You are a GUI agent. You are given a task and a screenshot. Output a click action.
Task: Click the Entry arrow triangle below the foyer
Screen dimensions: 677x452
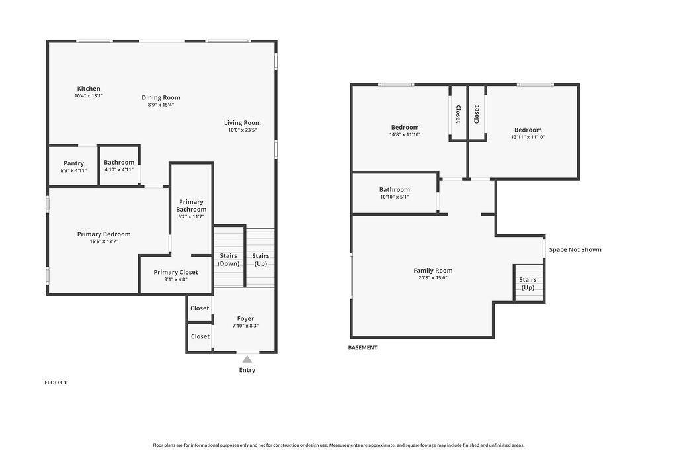(x=247, y=359)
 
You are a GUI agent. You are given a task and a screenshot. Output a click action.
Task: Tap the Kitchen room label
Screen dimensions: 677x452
(x=89, y=89)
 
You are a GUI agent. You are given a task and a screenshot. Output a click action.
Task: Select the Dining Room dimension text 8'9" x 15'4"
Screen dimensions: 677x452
(x=161, y=105)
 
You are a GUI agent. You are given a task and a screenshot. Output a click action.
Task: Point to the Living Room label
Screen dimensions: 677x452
(x=242, y=123)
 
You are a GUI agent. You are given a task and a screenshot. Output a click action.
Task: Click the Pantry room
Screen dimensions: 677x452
(x=73, y=166)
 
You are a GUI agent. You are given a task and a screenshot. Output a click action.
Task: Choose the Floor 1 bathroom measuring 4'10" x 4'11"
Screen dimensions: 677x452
(x=119, y=166)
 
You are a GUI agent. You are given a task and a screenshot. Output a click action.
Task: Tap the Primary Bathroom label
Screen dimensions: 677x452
(x=191, y=206)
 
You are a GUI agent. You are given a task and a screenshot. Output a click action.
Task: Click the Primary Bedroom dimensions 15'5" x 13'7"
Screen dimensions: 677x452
(x=104, y=242)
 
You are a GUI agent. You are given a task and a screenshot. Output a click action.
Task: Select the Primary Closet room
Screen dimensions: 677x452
(x=176, y=275)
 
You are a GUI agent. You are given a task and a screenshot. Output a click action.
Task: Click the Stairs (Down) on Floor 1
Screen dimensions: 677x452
(x=229, y=256)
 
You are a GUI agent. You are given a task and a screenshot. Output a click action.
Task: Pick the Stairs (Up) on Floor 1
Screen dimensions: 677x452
(x=260, y=257)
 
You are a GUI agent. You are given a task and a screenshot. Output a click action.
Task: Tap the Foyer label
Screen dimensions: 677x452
(x=245, y=319)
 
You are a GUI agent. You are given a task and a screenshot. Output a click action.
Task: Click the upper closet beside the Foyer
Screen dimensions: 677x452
(x=200, y=308)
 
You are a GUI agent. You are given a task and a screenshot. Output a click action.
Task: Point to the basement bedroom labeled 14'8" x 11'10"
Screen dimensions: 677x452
(x=405, y=130)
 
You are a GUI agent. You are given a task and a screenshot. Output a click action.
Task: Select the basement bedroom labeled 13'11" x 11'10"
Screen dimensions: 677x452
(x=528, y=133)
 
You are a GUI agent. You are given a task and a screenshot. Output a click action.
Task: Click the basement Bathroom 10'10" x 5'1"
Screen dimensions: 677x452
(x=395, y=193)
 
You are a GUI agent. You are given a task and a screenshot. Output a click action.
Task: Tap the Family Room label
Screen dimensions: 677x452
(x=433, y=271)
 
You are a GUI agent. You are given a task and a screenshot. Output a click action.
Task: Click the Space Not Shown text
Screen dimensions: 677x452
(x=575, y=249)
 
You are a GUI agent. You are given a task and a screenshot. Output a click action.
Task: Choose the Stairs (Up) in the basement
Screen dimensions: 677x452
(x=528, y=283)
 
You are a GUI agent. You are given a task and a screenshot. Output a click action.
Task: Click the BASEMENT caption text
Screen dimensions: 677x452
(x=363, y=347)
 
